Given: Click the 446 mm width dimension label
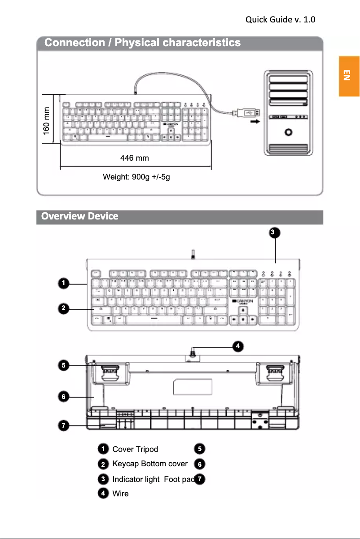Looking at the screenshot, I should (x=135, y=158).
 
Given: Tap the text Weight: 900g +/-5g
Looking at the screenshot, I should (x=136, y=177).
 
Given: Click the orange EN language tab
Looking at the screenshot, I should (x=349, y=76).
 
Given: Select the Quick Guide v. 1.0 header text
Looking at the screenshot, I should (x=281, y=20).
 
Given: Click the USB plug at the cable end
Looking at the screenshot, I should (x=246, y=113).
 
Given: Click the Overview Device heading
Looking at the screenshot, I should (x=80, y=216).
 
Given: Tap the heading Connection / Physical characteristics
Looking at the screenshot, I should (x=143, y=43).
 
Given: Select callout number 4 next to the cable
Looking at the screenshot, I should (x=238, y=346).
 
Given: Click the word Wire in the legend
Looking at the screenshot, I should (x=120, y=494).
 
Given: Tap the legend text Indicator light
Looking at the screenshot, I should (x=136, y=479).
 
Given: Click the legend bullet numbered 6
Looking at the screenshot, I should (x=199, y=464).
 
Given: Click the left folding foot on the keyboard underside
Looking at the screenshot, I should (x=107, y=373).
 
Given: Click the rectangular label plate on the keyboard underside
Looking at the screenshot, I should (x=192, y=387).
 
